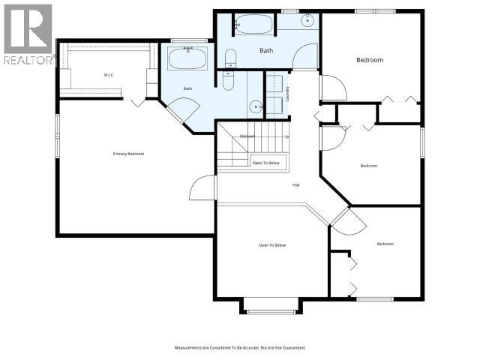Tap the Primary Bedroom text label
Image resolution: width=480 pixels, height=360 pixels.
(128, 154)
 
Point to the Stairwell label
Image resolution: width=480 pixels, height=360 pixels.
(247, 136)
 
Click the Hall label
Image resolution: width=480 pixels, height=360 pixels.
(296, 184)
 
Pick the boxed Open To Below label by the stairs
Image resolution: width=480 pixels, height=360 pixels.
(265, 163)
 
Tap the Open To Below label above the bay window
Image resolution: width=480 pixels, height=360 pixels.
(272, 245)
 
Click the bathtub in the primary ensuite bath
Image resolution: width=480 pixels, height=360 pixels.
(182, 58)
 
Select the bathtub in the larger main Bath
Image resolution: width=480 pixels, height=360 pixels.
(255, 24)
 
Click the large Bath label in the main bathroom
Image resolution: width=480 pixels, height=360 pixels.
(267, 51)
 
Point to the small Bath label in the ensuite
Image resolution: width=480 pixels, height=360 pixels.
(187, 89)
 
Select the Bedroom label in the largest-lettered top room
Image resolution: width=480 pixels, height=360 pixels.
(369, 59)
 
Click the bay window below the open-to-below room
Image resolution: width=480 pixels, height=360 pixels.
(271, 306)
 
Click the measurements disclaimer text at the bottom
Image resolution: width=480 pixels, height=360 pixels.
(240, 348)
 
